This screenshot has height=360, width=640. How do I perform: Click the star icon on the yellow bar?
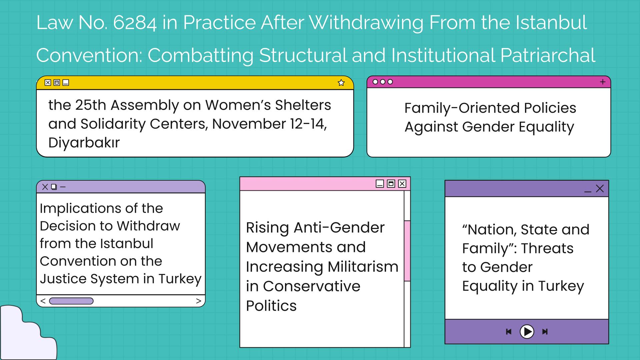pyautogui.click(x=341, y=83)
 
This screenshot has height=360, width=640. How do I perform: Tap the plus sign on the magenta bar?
pyautogui.click(x=603, y=82)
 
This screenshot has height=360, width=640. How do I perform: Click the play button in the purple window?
pyautogui.click(x=527, y=332)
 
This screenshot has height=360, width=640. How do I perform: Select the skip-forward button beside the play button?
pyautogui.click(x=545, y=332)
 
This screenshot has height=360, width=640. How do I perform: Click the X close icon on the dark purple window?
pyautogui.click(x=600, y=189)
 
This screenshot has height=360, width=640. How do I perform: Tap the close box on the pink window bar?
pyautogui.click(x=402, y=184)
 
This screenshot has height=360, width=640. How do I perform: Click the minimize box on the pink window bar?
pyautogui.click(x=380, y=184)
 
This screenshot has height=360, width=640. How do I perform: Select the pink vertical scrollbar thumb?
pyautogui.click(x=407, y=251)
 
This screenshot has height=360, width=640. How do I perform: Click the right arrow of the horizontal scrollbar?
pyautogui.click(x=199, y=301)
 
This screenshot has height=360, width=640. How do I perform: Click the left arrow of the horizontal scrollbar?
pyautogui.click(x=43, y=301)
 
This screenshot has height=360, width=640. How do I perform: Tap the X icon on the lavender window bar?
pyautogui.click(x=45, y=187)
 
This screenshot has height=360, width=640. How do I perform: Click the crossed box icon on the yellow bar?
pyautogui.click(x=48, y=82)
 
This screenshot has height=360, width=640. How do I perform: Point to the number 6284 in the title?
pyautogui.click(x=135, y=23)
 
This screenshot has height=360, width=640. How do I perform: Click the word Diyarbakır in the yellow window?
pyautogui.click(x=84, y=143)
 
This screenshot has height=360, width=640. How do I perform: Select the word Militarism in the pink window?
pyautogui.click(x=363, y=267)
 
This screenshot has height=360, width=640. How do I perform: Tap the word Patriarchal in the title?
pyautogui.click(x=548, y=55)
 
